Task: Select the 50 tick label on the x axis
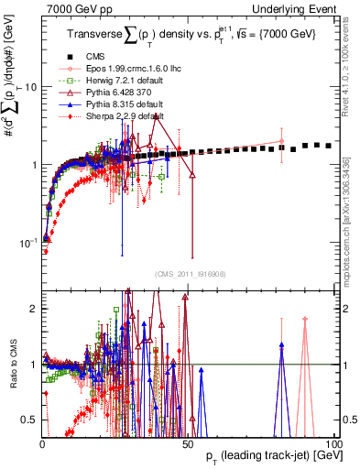tap(188, 444)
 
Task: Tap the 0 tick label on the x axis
tap(43, 444)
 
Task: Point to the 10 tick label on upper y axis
tap(30, 87)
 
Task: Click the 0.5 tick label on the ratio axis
tap(28, 420)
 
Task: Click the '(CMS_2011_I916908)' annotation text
tap(188, 273)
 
